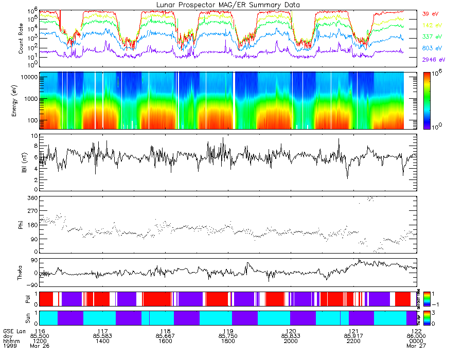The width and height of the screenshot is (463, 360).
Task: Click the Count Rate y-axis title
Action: click(x=21, y=39)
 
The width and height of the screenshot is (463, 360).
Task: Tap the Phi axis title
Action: click(x=21, y=224)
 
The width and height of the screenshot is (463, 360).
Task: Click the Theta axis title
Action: click(x=21, y=273)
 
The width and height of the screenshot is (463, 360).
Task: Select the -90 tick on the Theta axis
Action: click(x=32, y=285)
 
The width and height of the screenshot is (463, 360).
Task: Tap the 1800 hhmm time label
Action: click(x=228, y=343)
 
